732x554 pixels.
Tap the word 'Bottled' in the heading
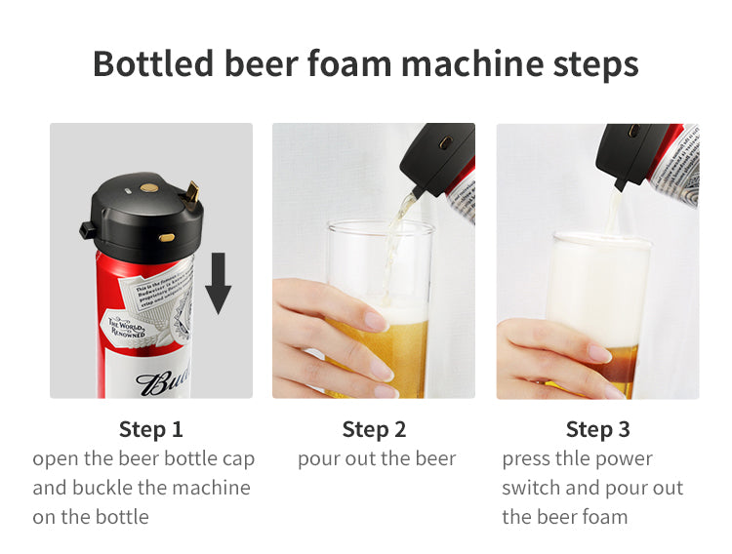click(x=153, y=63)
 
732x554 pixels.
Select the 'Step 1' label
click(x=150, y=429)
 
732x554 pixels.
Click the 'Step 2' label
click(x=374, y=429)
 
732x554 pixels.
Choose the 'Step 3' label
click(x=597, y=429)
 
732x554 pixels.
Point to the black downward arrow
click(x=219, y=282)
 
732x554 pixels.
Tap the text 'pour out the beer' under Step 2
click(x=376, y=458)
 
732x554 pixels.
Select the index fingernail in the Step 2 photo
click(x=375, y=320)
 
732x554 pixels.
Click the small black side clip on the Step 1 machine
click(x=87, y=231)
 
